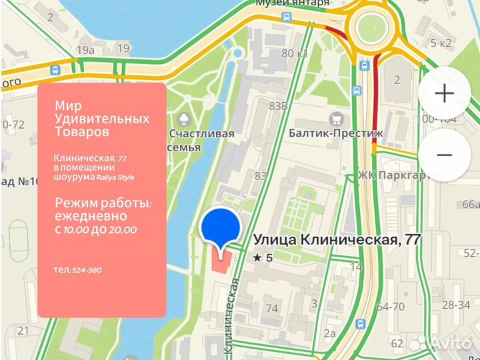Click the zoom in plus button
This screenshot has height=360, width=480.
tap(443, 93)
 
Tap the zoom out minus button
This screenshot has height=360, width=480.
tap(443, 154)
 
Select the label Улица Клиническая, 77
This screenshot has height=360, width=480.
tap(337, 241)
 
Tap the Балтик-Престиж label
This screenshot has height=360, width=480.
tap(336, 133)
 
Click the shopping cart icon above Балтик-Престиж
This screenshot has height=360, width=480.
tap(336, 119)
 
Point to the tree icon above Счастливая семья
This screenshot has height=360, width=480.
tap(184, 119)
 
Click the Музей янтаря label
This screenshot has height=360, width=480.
tap(293, 3)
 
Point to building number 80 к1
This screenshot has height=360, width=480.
tap(295, 53)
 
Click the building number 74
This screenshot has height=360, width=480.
tap(271, 308)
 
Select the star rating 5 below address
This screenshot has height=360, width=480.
tap(263, 257)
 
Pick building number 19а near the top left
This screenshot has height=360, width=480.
tap(85, 50)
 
